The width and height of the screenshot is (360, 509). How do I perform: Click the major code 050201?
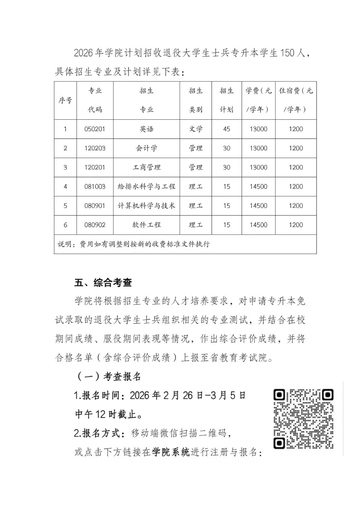95,129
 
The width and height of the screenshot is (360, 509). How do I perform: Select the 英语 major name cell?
146,129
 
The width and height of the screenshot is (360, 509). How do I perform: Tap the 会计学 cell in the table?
146,148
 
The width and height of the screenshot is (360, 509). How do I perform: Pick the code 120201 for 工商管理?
95,167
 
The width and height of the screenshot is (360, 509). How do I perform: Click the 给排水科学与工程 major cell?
146,187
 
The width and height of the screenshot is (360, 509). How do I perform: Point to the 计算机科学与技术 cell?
146,206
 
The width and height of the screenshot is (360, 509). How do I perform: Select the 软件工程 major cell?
146,225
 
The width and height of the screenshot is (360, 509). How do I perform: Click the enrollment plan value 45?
227,129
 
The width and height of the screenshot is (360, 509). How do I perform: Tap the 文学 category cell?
196,129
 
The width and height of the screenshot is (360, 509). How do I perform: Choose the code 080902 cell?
95,225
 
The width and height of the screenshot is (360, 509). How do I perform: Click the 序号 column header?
65,100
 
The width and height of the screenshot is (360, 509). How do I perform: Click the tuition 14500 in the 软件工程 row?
258,225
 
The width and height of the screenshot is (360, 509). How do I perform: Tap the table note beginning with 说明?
134,244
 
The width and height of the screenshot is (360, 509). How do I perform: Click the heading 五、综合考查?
103,283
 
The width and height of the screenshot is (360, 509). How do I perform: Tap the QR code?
303,419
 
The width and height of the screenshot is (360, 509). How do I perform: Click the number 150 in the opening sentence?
287,53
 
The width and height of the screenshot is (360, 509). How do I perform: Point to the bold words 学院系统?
171,452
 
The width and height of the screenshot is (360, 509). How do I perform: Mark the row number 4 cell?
65,187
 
